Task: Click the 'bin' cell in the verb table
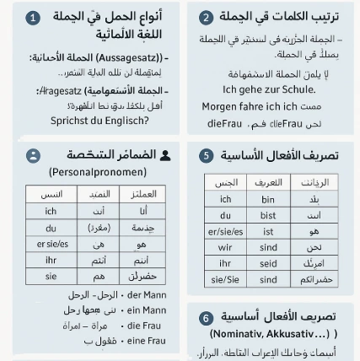[268, 199]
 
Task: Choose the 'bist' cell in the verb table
[268, 214]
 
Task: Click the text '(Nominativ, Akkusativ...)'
[279, 332]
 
